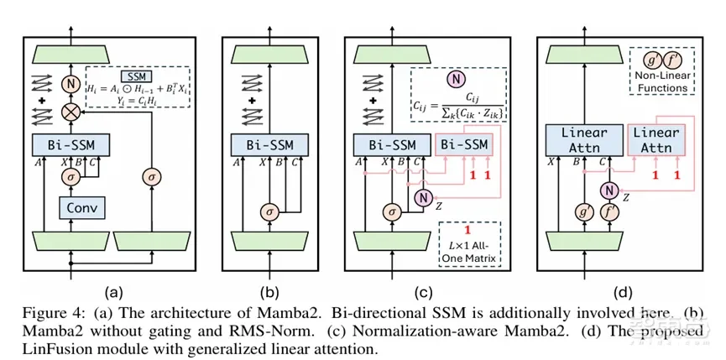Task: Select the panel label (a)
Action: point(114,293)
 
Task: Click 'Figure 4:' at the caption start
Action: point(39,313)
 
